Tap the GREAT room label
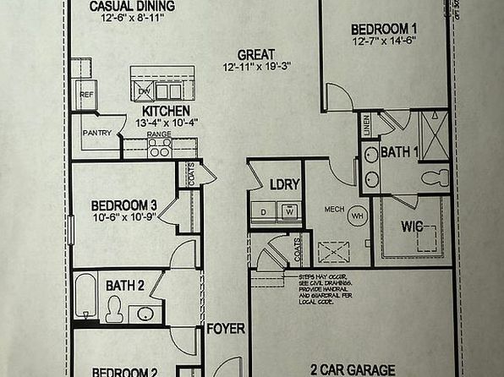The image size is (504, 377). point(255,53)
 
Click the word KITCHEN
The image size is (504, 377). point(166,111)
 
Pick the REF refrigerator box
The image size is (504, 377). point(86,96)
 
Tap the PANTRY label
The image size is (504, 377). point(97,134)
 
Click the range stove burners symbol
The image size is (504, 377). point(160,148)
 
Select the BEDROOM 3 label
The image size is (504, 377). point(125,204)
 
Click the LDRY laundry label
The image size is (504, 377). point(280,184)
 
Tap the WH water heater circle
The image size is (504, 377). point(358,214)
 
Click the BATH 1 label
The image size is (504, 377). point(399,152)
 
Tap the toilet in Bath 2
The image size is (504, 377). point(115,311)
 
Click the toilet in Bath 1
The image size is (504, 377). point(436,178)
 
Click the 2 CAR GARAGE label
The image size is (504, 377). point(353,369)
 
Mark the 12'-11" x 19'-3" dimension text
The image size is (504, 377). point(256,68)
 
